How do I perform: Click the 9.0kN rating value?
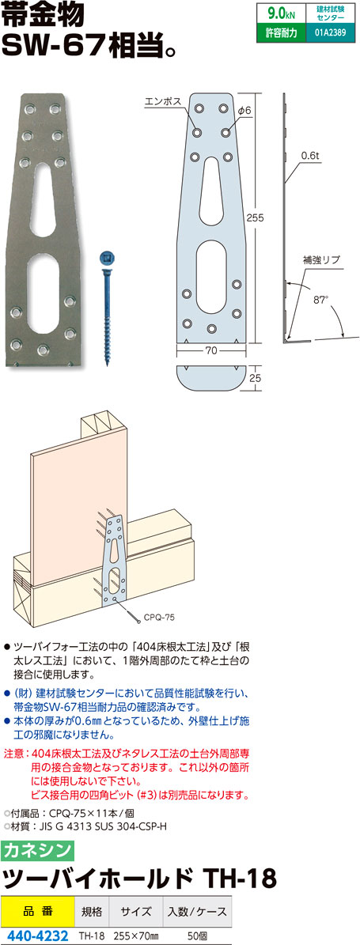pyautogui.click(x=279, y=13)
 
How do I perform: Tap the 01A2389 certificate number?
pyautogui.click(x=330, y=33)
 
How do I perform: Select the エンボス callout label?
pyautogui.click(x=163, y=102)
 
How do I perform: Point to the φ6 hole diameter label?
pyautogui.click(x=244, y=110)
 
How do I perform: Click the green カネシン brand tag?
pyautogui.click(x=37, y=850)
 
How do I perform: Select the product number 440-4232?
pyautogui.click(x=36, y=936)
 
